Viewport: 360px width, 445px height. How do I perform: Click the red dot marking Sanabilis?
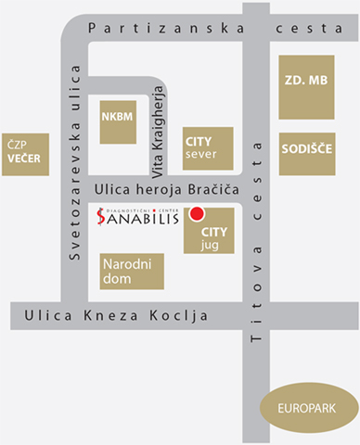pos(197,215)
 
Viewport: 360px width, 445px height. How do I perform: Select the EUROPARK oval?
pos(309,406)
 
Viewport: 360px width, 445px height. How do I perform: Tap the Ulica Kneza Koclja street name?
pos(125,318)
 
